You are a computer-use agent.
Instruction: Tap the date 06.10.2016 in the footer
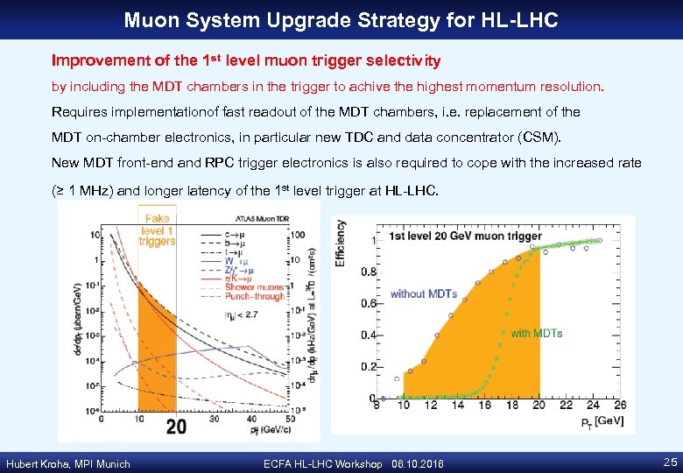coord(424,463)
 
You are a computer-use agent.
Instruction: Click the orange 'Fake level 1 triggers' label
coord(157,229)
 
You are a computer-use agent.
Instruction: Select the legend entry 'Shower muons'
coord(255,286)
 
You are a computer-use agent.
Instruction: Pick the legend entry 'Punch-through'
coord(256,295)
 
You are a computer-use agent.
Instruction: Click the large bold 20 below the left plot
coord(175,426)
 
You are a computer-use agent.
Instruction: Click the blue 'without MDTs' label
coord(424,293)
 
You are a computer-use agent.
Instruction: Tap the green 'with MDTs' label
coord(536,333)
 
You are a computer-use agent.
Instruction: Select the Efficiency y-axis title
coord(340,243)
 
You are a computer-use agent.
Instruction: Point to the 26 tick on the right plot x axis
coord(619,404)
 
